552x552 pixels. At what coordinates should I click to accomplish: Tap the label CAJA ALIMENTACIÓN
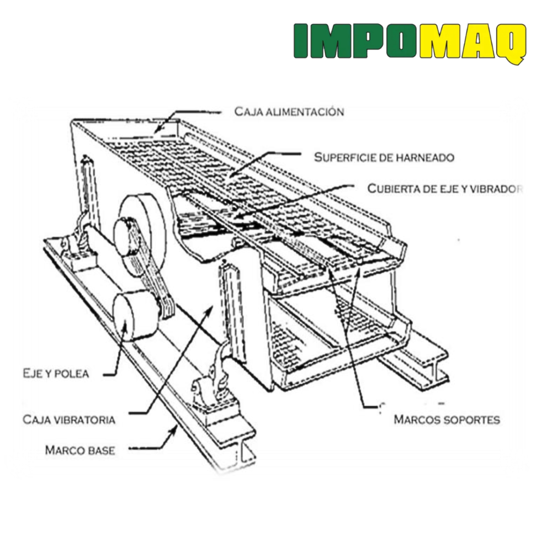[x=289, y=112]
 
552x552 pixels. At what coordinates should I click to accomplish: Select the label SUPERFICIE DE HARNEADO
[x=384, y=157]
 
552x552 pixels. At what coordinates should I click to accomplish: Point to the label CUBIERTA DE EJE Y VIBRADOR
[x=445, y=189]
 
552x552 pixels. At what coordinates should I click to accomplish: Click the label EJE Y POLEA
[x=56, y=374]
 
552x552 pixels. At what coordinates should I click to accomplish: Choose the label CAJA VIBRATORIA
[x=69, y=420]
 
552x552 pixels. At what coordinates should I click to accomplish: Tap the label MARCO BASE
[x=80, y=450]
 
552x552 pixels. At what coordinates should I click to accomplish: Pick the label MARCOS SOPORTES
[x=447, y=420]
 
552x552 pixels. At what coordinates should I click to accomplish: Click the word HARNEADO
[x=425, y=157]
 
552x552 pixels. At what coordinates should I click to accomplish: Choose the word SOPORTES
[x=474, y=420]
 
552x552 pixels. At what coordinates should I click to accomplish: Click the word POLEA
[x=72, y=374]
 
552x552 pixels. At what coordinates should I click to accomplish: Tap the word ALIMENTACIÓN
[x=305, y=112]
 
